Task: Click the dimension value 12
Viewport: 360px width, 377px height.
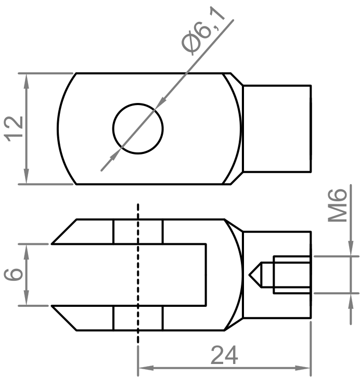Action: tap(15, 128)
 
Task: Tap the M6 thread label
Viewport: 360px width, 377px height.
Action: tap(339, 206)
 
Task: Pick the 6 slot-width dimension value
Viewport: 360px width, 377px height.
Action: tap(15, 274)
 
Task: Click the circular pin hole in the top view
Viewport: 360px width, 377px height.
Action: tap(138, 128)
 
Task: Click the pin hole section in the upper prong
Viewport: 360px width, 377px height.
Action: tap(138, 231)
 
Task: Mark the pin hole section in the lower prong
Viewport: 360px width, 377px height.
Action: tap(138, 318)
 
